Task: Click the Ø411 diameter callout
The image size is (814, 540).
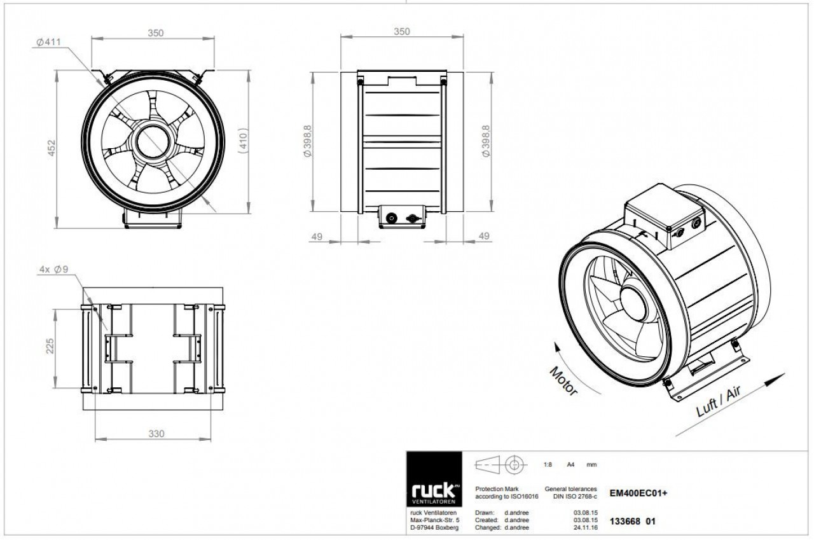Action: pos(48,42)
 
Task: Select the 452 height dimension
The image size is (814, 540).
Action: pos(52,148)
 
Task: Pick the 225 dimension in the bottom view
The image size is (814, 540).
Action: pos(50,345)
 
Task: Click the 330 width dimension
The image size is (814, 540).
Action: pos(156,434)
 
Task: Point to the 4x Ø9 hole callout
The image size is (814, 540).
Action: pos(54,269)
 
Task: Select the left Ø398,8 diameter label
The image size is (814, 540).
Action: pos(307,141)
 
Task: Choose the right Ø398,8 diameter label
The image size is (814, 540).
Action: pos(486,141)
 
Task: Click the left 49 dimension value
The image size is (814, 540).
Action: pos(317,237)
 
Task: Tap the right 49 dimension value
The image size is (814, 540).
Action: pos(484,236)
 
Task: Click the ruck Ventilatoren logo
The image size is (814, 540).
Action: pos(434,479)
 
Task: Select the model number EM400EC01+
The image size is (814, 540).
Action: pos(638,493)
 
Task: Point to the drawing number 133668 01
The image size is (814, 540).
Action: pos(633,522)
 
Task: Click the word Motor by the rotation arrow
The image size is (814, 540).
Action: pos(563,381)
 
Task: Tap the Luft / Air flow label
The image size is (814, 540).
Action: pos(719,401)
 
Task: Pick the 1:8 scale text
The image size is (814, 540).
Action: pos(548,464)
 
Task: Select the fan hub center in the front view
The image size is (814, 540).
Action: pos(153,142)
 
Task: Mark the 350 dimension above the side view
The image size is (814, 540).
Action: pos(402,32)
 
